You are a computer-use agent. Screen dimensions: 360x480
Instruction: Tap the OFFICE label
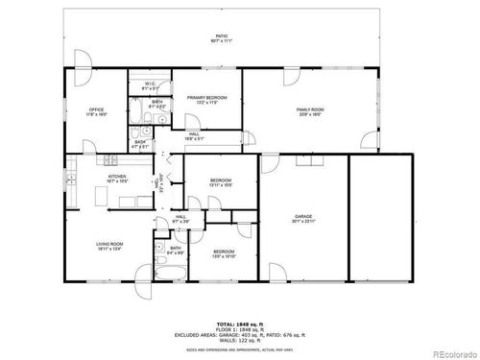97,109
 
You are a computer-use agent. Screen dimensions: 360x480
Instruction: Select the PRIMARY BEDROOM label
206,98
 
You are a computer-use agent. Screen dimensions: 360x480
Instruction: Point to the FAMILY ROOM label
307,109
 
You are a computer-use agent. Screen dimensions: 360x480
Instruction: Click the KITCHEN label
117,178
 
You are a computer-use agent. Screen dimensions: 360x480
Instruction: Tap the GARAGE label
303,218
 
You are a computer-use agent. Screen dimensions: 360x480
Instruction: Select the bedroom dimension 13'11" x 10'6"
221,184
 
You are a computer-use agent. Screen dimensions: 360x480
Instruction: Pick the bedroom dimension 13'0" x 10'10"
224,256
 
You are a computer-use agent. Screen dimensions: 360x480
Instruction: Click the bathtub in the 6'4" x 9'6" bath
162,273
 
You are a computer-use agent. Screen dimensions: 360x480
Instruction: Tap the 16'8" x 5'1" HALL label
194,137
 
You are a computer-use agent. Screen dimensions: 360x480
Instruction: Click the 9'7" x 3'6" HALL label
180,218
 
